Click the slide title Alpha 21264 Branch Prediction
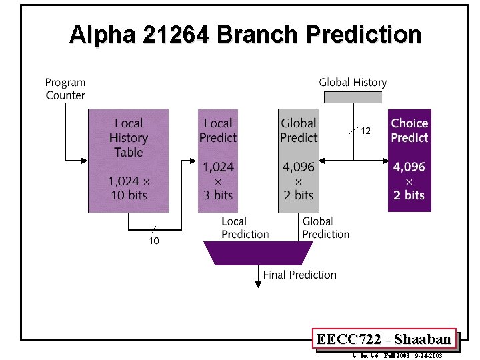point(245,35)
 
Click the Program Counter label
point(65,89)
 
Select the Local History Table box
point(129,161)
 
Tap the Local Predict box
point(217,161)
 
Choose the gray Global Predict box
point(298,161)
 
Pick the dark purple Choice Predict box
point(409,161)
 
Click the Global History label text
point(353,83)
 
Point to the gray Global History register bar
point(353,97)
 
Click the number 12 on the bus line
point(365,131)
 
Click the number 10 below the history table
point(154,241)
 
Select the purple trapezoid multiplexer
point(259,253)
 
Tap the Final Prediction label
point(299,275)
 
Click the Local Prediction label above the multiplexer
point(245,227)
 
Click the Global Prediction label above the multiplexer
point(325,227)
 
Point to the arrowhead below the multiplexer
point(258,285)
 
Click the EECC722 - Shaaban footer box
point(384,339)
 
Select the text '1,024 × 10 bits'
point(129,188)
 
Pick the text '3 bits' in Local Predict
point(217,195)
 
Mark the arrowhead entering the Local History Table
point(85,160)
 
